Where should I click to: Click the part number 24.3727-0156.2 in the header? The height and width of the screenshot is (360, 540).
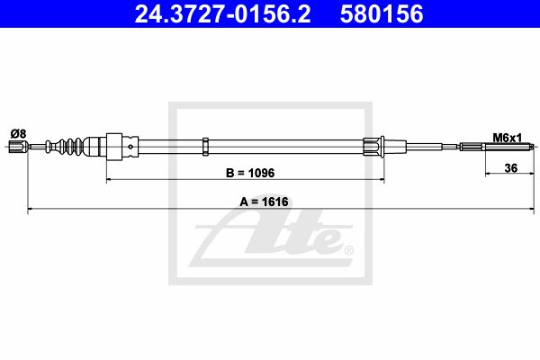(x=222, y=14)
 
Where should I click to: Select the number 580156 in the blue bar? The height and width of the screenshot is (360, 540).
(x=382, y=14)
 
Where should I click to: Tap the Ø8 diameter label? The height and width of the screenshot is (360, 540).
(x=18, y=133)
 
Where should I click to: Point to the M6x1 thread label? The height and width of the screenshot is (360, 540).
(x=508, y=138)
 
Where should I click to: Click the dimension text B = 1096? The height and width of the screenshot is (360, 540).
(x=250, y=173)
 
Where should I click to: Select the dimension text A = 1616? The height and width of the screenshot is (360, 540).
(x=264, y=202)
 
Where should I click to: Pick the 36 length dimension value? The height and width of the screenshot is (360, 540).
(x=510, y=168)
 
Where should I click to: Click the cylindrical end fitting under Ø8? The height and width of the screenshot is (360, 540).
(x=18, y=147)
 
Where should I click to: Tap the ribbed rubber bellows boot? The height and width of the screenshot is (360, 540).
(x=65, y=146)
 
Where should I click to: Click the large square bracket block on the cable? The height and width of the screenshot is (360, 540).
(x=114, y=147)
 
